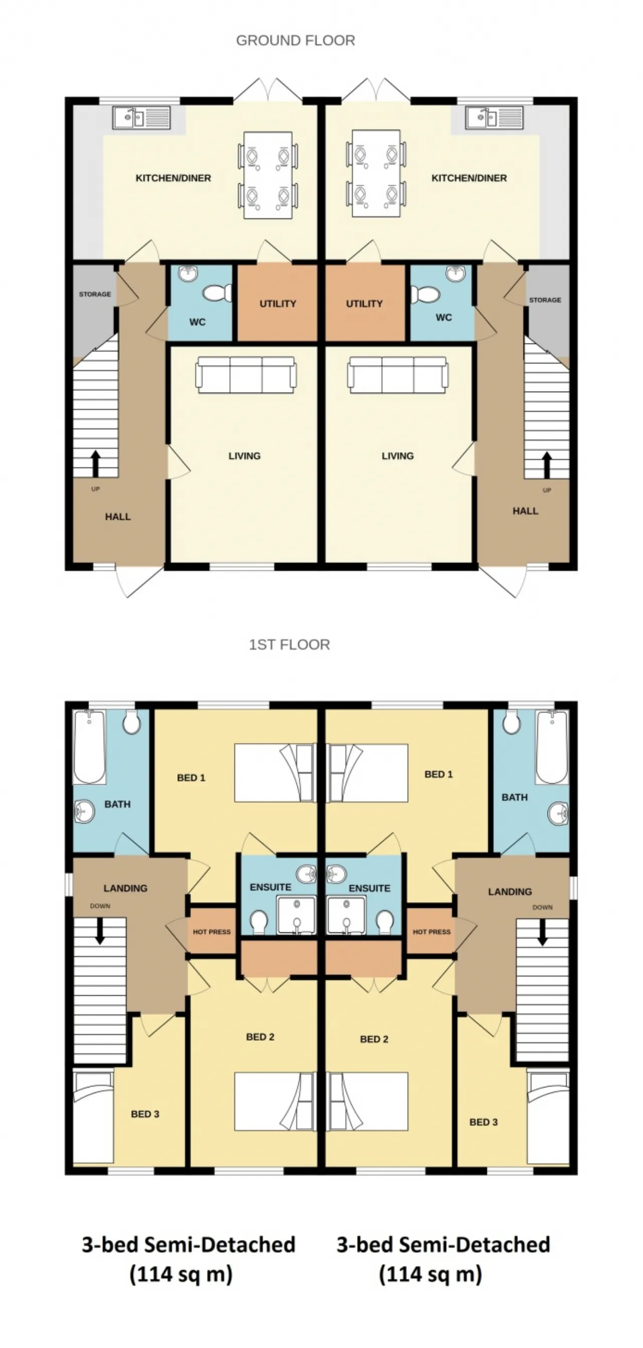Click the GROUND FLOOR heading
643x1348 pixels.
[295, 40]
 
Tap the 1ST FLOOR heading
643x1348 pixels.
[289, 644]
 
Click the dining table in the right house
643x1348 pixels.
[376, 173]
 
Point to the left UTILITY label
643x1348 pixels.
[277, 304]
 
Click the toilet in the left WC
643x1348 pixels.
[216, 293]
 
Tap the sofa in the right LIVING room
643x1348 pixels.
[398, 374]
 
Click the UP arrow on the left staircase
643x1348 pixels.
[95, 463]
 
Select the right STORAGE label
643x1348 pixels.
[545, 300]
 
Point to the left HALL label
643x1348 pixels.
[118, 517]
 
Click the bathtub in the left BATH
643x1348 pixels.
[89, 747]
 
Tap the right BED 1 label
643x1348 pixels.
[438, 774]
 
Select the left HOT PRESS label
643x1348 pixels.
[211, 931]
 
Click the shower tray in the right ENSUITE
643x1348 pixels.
[346, 915]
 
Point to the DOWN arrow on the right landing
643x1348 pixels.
[543, 932]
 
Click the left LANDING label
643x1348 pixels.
[125, 888]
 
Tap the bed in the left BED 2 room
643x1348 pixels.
[274, 1101]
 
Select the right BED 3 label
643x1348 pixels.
[483, 1122]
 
